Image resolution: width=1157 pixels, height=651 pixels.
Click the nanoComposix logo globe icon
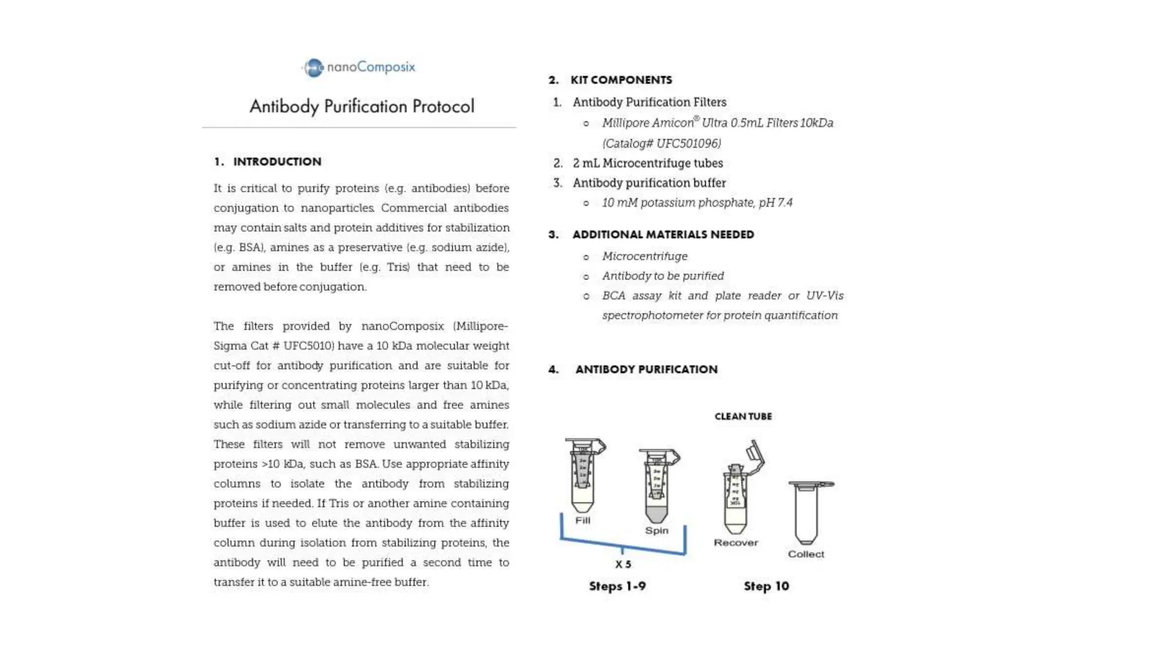click(x=314, y=68)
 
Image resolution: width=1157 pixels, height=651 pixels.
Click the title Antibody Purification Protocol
click(x=362, y=106)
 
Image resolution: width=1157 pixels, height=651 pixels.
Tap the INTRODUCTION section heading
click(x=277, y=162)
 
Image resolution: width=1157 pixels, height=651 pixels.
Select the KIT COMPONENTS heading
click(x=621, y=80)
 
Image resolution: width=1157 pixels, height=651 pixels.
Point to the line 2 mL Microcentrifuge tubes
click(x=647, y=163)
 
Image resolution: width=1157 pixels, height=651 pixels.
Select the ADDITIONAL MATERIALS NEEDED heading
click(x=663, y=235)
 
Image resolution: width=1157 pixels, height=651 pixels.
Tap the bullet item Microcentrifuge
click(x=645, y=257)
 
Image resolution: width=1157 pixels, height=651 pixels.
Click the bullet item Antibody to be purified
click(x=663, y=276)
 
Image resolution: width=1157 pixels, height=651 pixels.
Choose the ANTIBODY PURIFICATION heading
click(x=646, y=370)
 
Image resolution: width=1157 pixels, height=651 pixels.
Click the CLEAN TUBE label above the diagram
click(x=743, y=416)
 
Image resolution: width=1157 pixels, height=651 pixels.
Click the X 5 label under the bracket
click(x=623, y=565)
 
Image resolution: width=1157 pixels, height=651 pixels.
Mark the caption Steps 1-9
click(x=617, y=587)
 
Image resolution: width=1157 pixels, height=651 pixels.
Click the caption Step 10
click(x=766, y=587)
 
